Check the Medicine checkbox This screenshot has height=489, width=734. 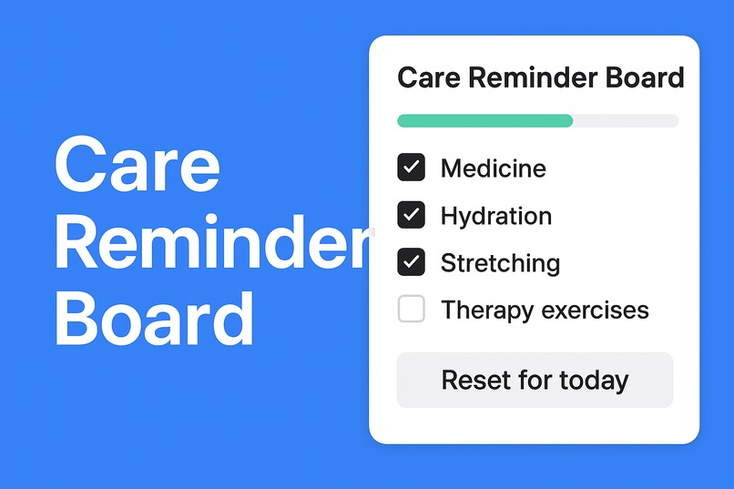tap(412, 168)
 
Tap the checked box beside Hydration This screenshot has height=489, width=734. tap(412, 215)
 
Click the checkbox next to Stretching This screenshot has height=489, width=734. tap(412, 262)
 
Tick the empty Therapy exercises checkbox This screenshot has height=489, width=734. tap(412, 310)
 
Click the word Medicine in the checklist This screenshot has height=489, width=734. tap(493, 168)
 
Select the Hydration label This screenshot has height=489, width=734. tap(495, 217)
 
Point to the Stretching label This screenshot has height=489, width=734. tap(500, 264)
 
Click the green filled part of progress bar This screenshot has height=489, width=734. tap(484, 120)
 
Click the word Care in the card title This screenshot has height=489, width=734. tap(429, 77)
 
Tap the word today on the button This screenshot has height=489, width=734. tap(595, 380)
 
